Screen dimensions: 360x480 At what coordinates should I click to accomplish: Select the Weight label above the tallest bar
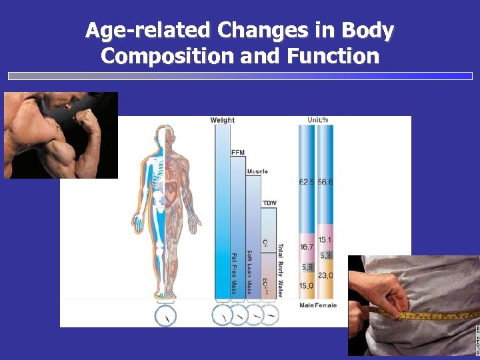pos(223,120)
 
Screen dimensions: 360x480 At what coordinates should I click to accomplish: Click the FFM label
pos(238,153)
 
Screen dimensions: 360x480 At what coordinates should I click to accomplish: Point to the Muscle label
pos(257,171)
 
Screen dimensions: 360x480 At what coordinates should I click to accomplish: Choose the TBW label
pos(269,203)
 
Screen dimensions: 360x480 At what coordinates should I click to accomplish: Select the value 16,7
pos(307,247)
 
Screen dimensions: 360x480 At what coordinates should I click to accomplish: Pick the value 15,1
pos(325,240)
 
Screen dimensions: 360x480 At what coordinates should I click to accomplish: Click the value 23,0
pos(326,275)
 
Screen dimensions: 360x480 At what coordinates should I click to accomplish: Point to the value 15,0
pos(307,285)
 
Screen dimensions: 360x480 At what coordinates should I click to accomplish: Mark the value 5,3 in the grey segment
pos(325,255)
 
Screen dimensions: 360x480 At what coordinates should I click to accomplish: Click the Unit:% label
pos(318,120)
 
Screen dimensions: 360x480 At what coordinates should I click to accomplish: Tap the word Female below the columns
pos(326,305)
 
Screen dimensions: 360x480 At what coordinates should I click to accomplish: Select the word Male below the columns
pos(307,305)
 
